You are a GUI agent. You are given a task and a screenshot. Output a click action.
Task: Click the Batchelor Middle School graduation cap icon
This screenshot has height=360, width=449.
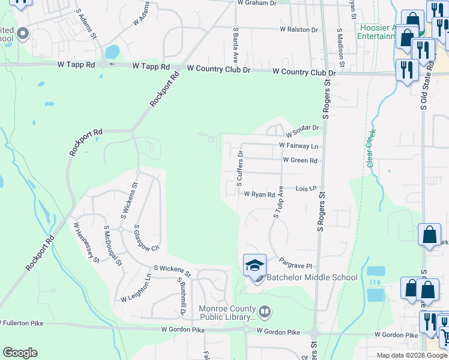(255, 265)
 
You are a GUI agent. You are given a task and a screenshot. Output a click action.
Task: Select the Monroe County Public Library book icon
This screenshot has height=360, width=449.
(264, 311)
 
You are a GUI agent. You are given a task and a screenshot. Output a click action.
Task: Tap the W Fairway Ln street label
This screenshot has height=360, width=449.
(298, 146)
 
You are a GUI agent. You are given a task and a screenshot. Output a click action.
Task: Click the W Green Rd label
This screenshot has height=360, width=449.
(300, 160)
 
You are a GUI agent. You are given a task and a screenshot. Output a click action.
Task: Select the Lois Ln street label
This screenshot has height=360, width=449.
(306, 188)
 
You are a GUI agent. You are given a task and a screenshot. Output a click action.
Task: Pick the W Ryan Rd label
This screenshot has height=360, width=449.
(259, 194)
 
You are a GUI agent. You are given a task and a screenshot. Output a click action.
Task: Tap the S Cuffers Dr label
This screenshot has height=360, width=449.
(240, 166)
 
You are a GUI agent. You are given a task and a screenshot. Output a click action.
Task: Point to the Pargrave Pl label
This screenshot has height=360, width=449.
(297, 263)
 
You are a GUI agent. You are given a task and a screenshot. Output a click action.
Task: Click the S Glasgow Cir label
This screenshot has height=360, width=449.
(146, 238)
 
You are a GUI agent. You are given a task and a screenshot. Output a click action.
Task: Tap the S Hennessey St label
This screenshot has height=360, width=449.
(86, 243)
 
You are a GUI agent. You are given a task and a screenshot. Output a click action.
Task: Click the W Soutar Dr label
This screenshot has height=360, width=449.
(304, 128)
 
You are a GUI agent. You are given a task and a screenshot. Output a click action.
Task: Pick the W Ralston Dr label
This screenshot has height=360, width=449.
(298, 29)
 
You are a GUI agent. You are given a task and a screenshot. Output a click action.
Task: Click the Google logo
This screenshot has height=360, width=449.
(20, 353)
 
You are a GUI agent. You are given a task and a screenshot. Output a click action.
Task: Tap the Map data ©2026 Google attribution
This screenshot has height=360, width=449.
(412, 355)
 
